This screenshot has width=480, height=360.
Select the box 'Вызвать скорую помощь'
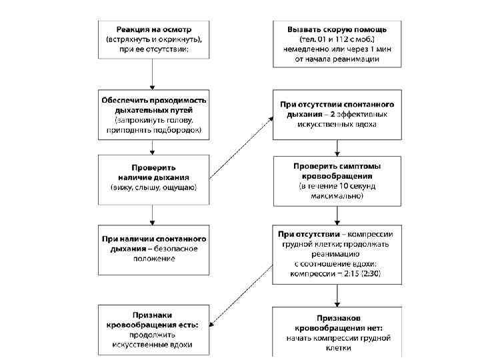337,44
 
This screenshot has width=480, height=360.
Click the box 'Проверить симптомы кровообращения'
337,181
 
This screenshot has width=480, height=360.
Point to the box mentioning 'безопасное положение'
154,249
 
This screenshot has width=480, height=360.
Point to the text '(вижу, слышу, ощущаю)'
154,188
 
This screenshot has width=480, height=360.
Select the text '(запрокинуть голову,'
154,120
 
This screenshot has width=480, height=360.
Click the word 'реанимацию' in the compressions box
337,254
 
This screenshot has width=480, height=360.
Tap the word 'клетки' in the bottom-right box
337,348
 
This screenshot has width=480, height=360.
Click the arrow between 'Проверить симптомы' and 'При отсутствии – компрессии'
337,217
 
